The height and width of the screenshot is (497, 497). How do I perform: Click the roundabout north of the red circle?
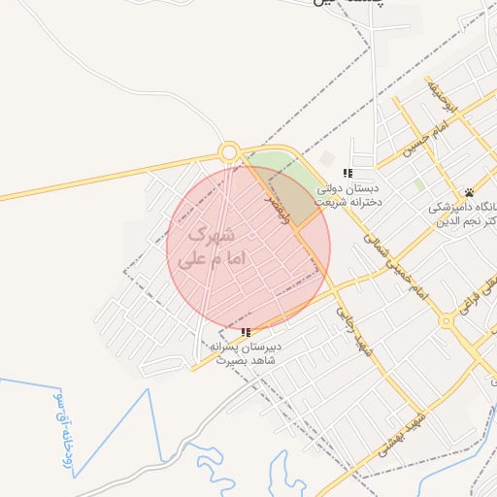pyautogui.click(x=229, y=151)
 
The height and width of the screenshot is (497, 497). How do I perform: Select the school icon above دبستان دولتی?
pyautogui.click(x=348, y=173)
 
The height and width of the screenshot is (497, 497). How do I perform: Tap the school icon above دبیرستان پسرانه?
pyautogui.click(x=245, y=332)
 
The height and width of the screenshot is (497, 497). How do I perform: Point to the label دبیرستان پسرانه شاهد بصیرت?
pyautogui.click(x=246, y=352)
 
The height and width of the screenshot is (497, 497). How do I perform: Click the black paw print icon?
pyautogui.click(x=470, y=190)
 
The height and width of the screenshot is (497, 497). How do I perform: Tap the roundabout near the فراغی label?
pyautogui.click(x=446, y=320)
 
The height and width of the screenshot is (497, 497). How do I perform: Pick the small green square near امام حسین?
pyautogui.click(x=418, y=183)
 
